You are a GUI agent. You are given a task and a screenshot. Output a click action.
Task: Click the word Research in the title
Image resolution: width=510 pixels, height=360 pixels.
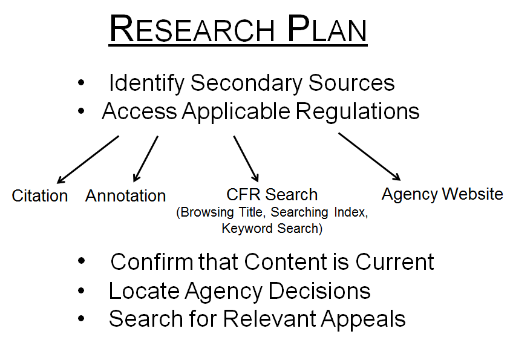[192, 30]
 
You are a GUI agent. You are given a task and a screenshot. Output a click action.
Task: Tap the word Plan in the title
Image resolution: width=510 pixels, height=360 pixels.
[327, 30]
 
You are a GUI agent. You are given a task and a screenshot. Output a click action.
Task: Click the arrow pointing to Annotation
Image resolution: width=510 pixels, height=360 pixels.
[146, 159]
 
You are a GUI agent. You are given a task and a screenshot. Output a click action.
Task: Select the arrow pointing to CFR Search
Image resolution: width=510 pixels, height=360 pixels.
[246, 159]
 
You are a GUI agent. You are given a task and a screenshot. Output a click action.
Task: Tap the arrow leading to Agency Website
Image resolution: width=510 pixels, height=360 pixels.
[369, 156]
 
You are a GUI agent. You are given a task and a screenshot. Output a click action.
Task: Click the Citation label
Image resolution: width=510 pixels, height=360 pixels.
[40, 196]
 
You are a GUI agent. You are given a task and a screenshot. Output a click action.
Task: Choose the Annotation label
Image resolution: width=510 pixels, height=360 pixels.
[125, 196]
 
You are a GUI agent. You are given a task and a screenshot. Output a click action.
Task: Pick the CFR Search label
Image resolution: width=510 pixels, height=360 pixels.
[272, 195]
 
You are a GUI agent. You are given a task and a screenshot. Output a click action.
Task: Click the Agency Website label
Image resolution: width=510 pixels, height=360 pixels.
[442, 194]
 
